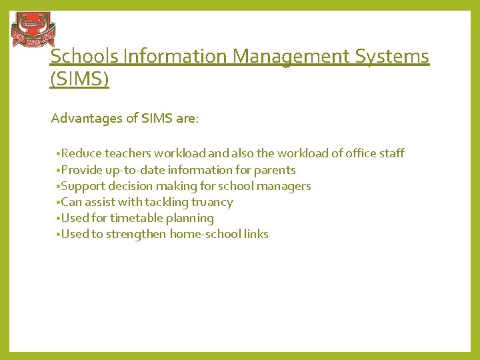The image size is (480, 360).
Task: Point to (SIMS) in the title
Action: pos(79,80)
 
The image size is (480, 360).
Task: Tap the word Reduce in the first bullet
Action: pos(81,153)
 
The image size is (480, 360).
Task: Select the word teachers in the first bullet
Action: pos(129,153)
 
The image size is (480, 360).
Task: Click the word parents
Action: pos(277,170)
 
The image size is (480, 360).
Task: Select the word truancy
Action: pos(211,202)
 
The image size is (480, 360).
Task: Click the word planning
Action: pos(191,218)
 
